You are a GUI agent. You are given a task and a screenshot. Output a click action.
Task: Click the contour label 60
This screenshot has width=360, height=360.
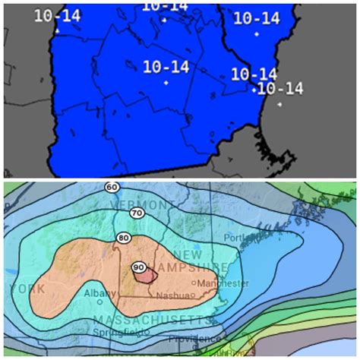(112, 187)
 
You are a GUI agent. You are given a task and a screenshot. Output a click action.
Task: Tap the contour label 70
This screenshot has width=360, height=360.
(137, 213)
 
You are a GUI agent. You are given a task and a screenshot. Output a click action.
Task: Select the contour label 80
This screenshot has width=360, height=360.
(123, 238)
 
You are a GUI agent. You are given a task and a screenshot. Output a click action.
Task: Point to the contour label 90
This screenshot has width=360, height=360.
(139, 267)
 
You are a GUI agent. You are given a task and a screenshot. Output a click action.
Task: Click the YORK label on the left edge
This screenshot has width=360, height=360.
(24, 289)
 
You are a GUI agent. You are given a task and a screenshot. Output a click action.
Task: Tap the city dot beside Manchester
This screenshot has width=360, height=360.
(196, 283)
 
